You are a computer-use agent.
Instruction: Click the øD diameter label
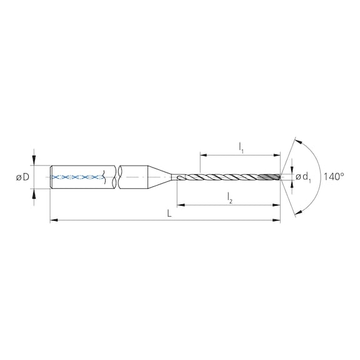point(22,177)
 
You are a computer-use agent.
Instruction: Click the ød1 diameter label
point(303,177)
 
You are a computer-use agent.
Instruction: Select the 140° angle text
point(334,177)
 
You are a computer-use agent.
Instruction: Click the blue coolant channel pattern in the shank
point(78,177)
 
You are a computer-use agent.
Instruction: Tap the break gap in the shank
point(116,177)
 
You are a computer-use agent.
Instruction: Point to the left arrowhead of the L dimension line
point(52,220)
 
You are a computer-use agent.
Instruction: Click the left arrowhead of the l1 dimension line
point(202,153)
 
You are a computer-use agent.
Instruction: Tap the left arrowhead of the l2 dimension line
point(180,204)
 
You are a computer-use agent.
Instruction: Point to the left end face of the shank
point(50,177)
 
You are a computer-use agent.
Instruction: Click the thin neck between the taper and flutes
point(174,177)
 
